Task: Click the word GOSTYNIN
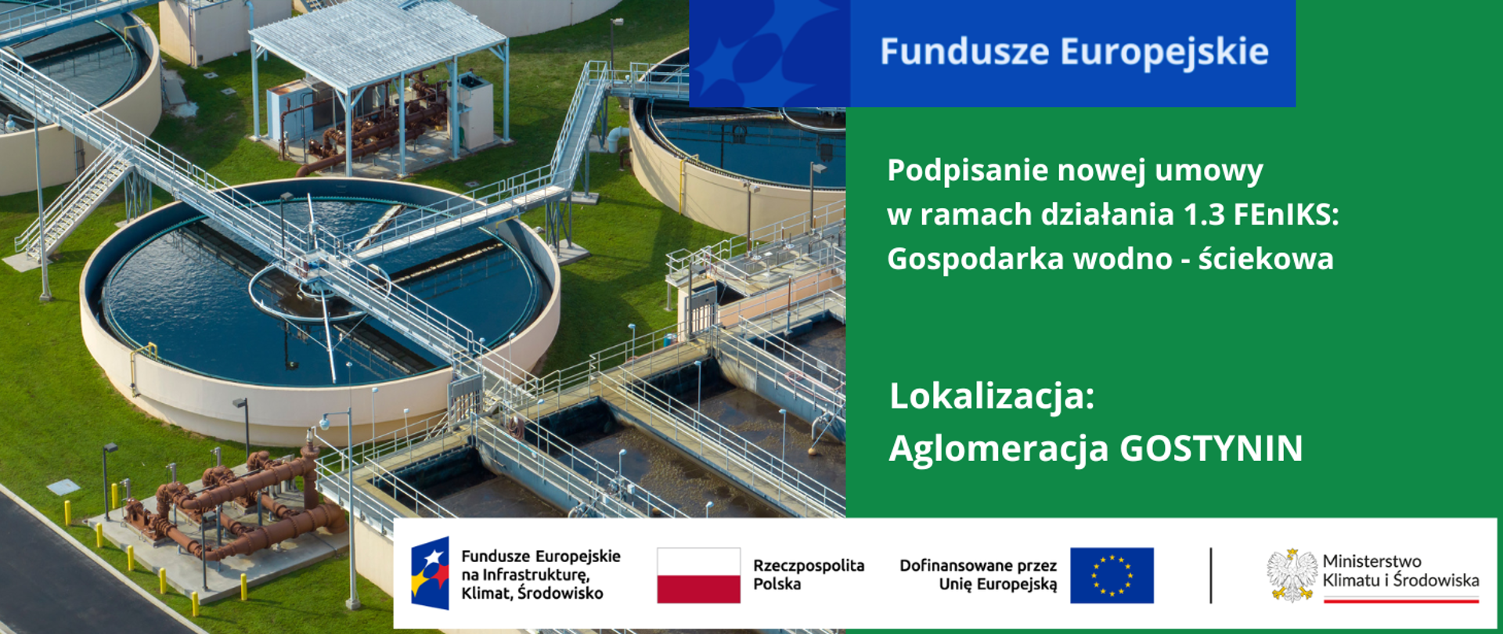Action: [x=1211, y=448]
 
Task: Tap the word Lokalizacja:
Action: [x=991, y=396]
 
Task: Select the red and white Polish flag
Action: [x=698, y=575]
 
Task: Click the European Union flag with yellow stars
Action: [x=1112, y=575]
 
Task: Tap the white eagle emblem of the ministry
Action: [x=1292, y=575]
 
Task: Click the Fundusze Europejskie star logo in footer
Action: [x=431, y=574]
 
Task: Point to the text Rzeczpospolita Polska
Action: [x=808, y=575]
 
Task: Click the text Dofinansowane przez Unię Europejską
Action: [x=978, y=575]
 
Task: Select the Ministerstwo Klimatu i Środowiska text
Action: [x=1400, y=571]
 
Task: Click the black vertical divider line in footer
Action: [x=1211, y=575]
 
